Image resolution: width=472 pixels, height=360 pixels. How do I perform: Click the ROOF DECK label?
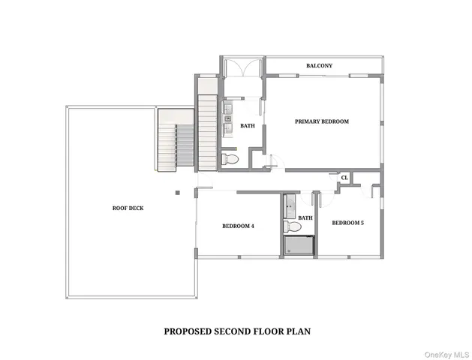pyautogui.click(x=128, y=208)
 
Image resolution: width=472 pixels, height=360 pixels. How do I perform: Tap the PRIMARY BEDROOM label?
pyautogui.click(x=322, y=121)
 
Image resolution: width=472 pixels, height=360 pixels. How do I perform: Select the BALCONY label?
pyautogui.click(x=319, y=66)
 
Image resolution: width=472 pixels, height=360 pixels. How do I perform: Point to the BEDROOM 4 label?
pyautogui.click(x=238, y=226)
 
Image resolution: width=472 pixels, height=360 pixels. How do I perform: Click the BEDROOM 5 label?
pyautogui.click(x=347, y=222)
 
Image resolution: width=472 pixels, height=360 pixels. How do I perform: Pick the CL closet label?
pyautogui.click(x=344, y=178)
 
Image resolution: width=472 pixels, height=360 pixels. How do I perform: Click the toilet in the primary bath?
pyautogui.click(x=230, y=160)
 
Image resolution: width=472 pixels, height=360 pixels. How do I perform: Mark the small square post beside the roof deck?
pyautogui.click(x=177, y=193)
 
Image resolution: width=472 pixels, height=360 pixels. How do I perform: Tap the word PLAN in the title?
pyautogui.click(x=298, y=330)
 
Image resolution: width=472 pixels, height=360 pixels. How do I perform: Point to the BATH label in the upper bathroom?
pyautogui.click(x=248, y=126)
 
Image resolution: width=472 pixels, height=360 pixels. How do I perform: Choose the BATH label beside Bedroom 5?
pyautogui.click(x=305, y=218)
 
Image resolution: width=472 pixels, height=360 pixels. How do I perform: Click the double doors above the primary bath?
pyautogui.click(x=242, y=67)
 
